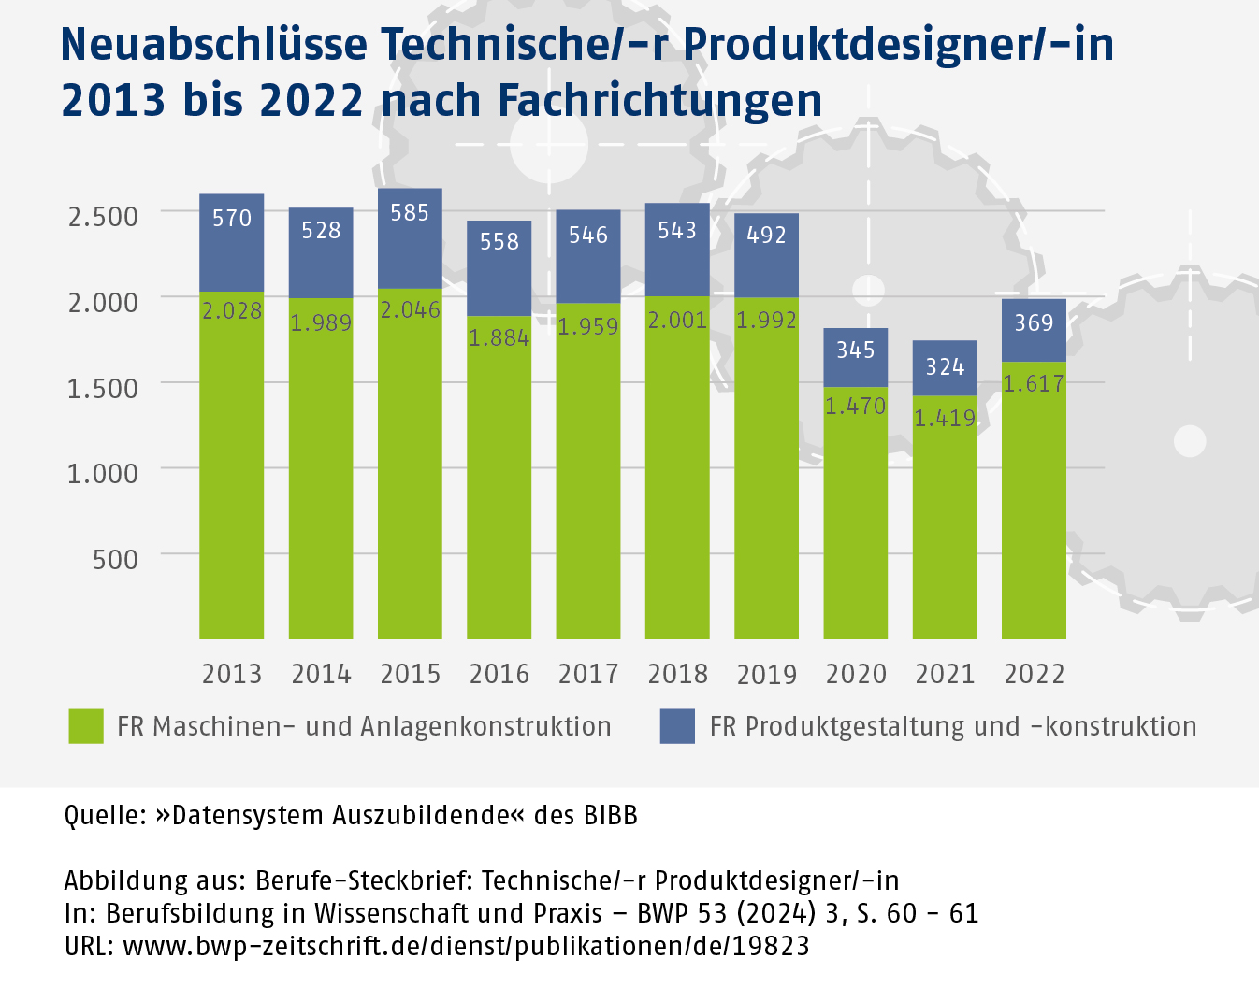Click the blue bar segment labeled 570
click(231, 243)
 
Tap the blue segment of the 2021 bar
click(945, 367)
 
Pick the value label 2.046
click(410, 309)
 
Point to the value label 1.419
click(945, 418)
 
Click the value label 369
click(1034, 322)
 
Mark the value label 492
click(766, 235)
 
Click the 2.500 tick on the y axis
click(103, 216)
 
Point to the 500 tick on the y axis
click(115, 559)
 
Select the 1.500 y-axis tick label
click(103, 388)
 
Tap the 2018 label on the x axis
click(677, 674)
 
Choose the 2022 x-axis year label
click(1034, 674)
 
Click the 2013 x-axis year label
click(231, 674)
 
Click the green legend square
click(86, 726)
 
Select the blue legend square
click(677, 726)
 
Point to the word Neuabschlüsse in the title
click(213, 44)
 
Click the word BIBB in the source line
click(610, 815)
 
